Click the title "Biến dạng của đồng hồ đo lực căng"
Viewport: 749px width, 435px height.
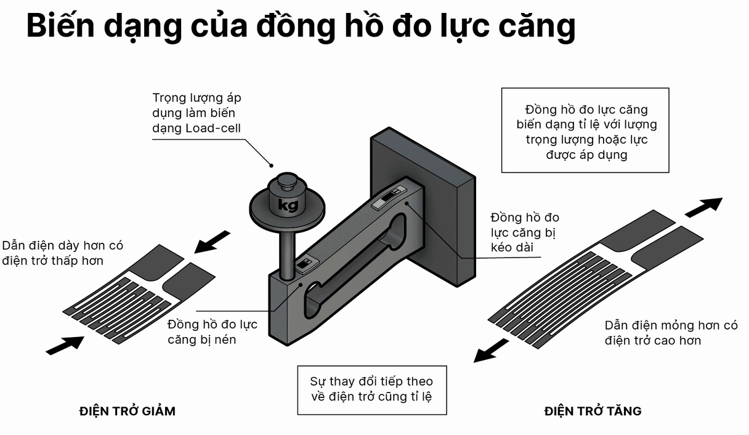point(301,26)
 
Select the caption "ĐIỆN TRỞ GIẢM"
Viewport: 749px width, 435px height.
point(128,411)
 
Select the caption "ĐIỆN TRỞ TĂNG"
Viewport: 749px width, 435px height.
point(593,411)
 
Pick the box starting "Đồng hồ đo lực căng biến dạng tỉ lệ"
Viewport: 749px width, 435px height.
point(586,132)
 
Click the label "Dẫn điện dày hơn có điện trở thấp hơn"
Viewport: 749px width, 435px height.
point(63,253)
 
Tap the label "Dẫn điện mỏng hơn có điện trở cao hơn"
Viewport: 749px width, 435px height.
point(670,333)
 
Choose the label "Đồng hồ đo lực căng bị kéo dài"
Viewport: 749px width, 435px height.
point(524,232)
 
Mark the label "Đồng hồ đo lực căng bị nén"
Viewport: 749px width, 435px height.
point(212,331)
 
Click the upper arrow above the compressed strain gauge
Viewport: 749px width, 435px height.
point(211,242)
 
